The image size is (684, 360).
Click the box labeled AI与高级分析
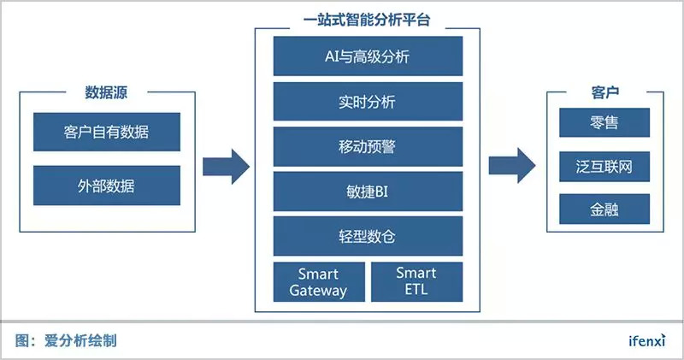(368, 56)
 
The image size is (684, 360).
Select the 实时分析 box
(368, 102)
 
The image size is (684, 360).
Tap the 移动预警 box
(368, 146)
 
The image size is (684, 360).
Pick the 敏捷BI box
(368, 192)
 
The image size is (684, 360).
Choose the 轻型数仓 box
(368, 236)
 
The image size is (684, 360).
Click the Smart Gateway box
(319, 282)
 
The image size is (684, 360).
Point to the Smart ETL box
(416, 282)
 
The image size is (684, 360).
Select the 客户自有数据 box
(107, 132)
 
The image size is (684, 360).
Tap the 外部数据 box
(107, 186)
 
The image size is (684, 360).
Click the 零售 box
(604, 122)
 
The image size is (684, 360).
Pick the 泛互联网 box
(604, 167)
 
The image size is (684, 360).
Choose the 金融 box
(604, 210)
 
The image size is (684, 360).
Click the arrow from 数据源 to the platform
(226, 167)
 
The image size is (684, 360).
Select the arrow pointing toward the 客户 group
(511, 166)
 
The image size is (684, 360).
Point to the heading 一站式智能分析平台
(367, 20)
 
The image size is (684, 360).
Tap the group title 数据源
(106, 92)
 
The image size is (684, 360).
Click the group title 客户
(605, 92)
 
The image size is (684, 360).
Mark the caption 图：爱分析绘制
(66, 340)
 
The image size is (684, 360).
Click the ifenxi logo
(647, 340)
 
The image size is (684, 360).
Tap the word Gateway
(318, 291)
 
